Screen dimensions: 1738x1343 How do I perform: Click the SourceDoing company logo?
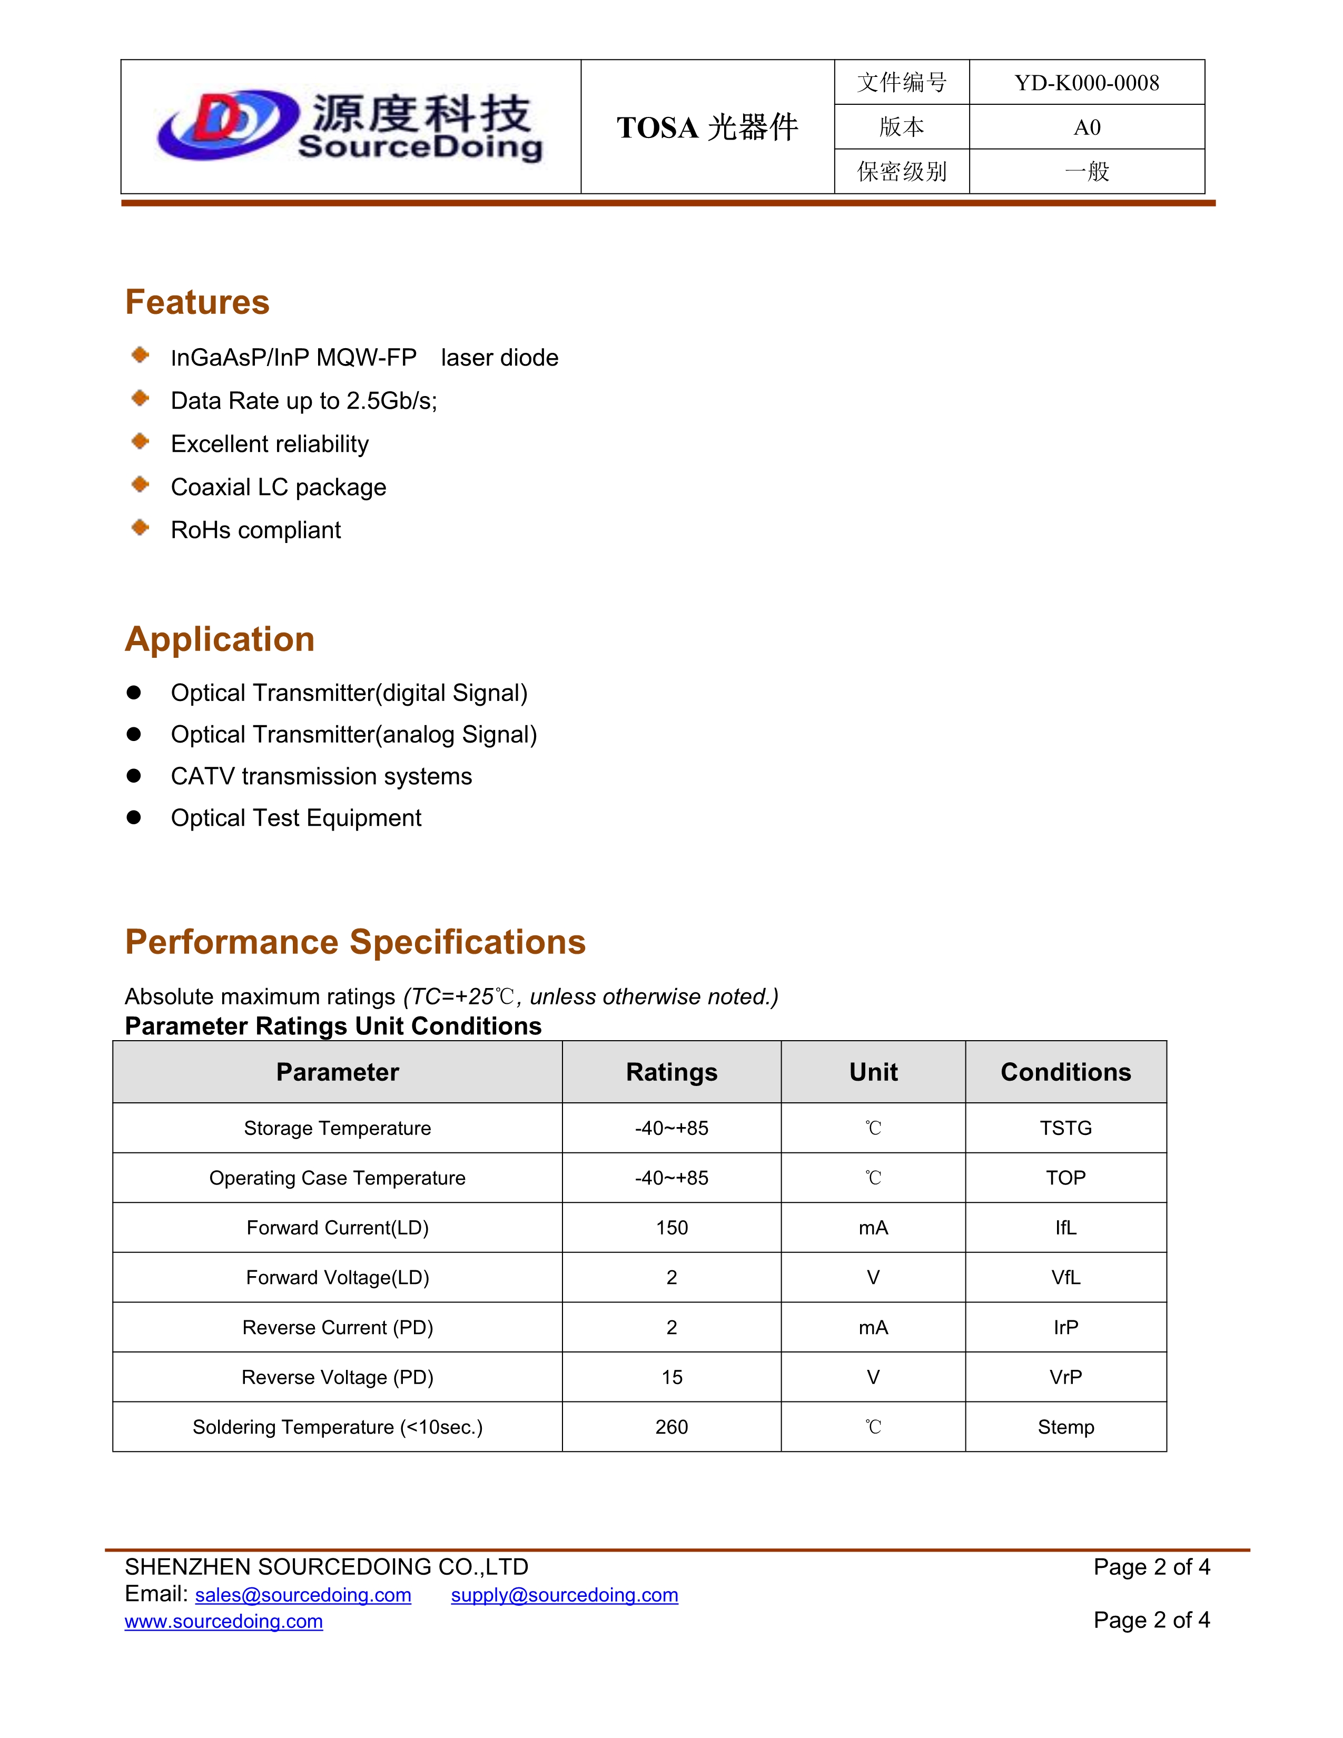[x=350, y=126]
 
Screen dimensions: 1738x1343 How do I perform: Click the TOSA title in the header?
[x=706, y=127]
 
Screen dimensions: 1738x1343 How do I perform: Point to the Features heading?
[x=197, y=302]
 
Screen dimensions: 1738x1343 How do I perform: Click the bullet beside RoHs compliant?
[x=140, y=528]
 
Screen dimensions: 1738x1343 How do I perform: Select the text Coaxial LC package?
[x=279, y=487]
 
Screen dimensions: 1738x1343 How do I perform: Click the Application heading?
[x=220, y=639]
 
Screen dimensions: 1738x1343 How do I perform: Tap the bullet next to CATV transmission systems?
[x=134, y=776]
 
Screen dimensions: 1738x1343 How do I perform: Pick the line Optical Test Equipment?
[x=296, y=818]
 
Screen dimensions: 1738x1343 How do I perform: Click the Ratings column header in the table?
[x=671, y=1072]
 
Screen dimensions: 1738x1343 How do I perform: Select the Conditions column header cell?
[x=1065, y=1072]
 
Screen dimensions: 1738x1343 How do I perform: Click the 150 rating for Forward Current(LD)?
[x=671, y=1228]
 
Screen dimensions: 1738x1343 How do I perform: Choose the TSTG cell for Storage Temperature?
[x=1065, y=1129]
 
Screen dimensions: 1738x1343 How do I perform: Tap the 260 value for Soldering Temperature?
[x=671, y=1427]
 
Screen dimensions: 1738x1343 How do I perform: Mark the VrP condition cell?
[x=1065, y=1378]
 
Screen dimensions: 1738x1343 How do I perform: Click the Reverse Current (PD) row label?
[x=338, y=1327]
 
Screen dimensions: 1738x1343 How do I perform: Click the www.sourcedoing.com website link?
[x=223, y=1621]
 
